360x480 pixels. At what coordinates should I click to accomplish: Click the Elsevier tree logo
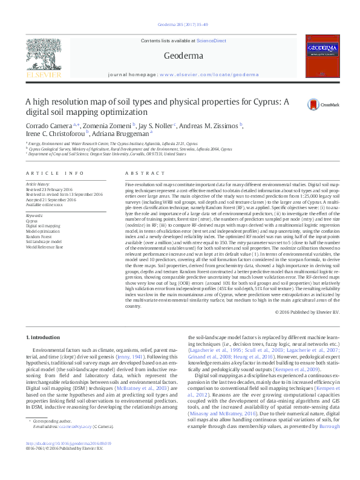(x=43, y=57)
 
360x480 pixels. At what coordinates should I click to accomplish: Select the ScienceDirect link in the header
(x=211, y=41)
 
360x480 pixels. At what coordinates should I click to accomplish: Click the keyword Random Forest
(x=38, y=236)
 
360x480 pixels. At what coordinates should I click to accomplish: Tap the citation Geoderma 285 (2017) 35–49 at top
(x=179, y=25)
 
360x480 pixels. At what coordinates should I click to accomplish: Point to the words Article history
(x=38, y=183)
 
